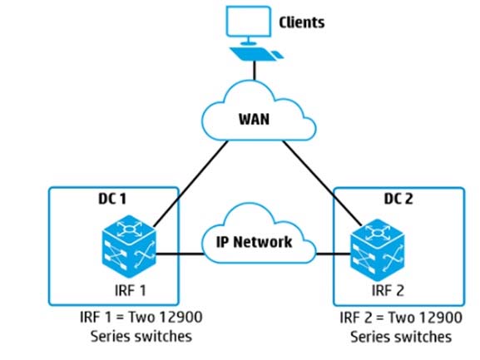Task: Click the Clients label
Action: click(x=301, y=22)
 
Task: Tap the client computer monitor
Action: click(x=248, y=25)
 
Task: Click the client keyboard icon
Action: click(x=256, y=54)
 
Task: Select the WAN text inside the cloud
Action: click(x=254, y=119)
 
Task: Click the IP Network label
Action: click(x=254, y=242)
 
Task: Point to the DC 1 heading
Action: click(x=112, y=199)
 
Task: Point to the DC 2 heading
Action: click(x=398, y=199)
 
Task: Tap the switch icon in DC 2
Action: click(x=377, y=250)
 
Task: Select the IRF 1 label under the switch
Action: click(x=131, y=290)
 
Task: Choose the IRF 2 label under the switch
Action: click(x=388, y=290)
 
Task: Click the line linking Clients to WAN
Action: click(x=254, y=71)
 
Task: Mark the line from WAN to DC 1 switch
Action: click(x=191, y=184)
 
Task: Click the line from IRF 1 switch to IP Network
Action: click(x=180, y=254)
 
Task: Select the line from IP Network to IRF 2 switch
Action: click(x=333, y=254)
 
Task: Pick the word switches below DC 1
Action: click(x=163, y=336)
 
